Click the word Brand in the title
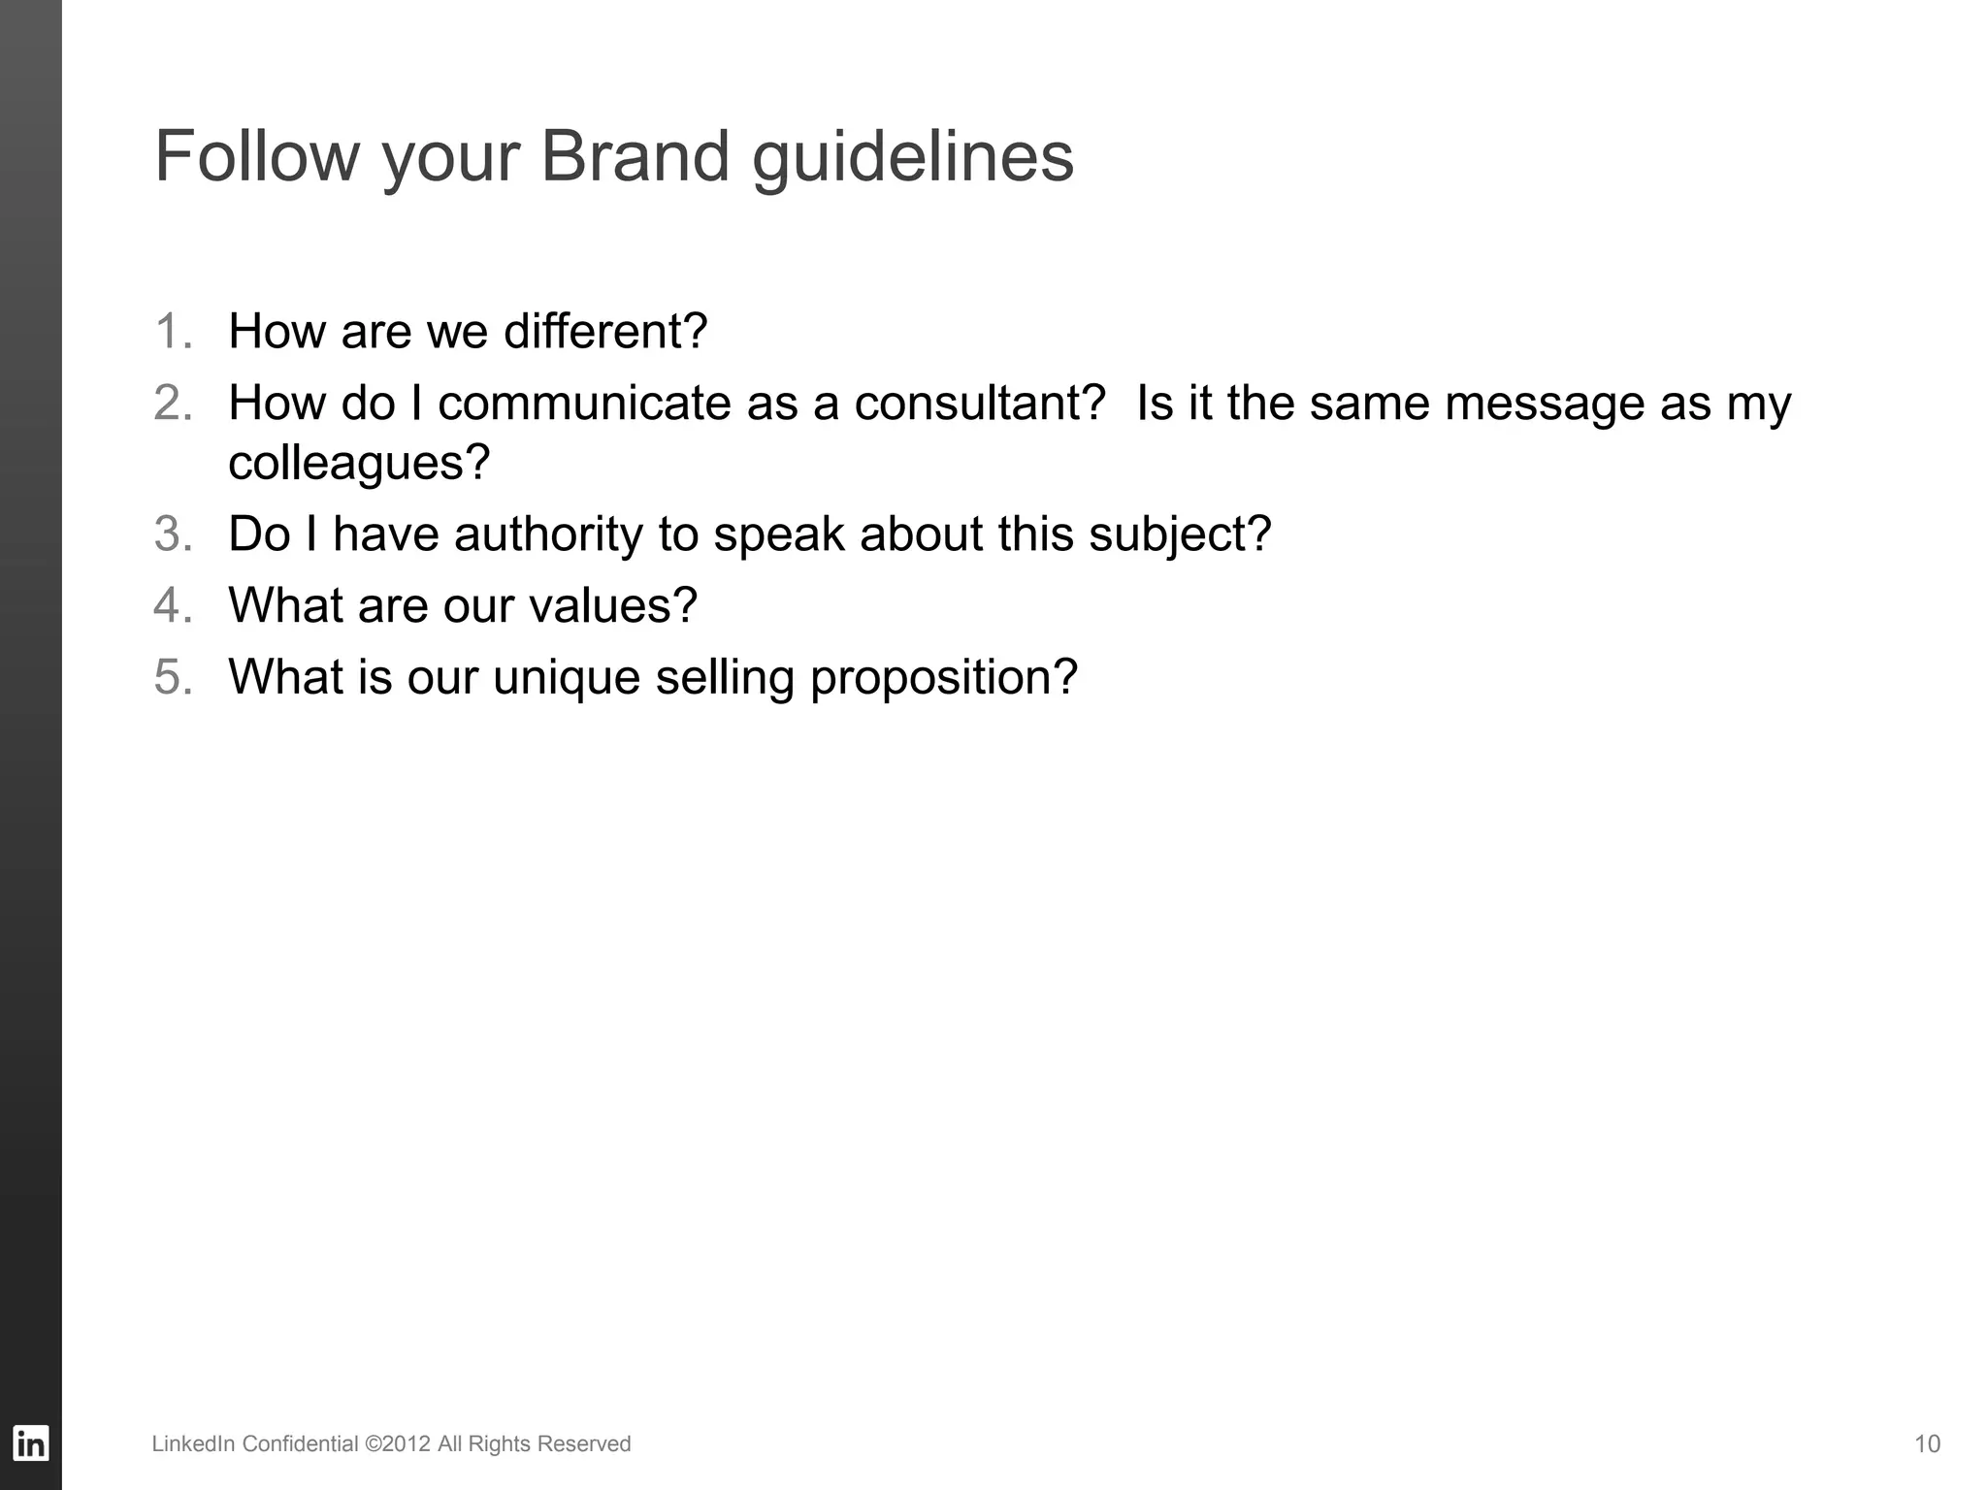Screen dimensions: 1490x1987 point(634,156)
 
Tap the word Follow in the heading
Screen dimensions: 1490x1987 point(257,156)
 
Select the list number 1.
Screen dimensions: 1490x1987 point(172,331)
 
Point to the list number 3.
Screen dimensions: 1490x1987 point(172,534)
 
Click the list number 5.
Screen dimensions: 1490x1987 point(172,676)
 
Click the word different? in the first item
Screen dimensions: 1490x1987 point(605,331)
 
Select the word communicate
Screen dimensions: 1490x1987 point(584,403)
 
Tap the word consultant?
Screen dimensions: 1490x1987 point(980,403)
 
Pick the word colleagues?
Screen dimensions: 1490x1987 point(359,463)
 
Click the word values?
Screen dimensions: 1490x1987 point(613,605)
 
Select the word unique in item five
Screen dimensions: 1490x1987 point(567,678)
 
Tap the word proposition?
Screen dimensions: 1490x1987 point(944,678)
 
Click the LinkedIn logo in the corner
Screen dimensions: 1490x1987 point(30,1443)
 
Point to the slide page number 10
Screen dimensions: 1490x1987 point(1927,1443)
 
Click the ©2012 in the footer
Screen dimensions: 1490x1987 point(398,1443)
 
